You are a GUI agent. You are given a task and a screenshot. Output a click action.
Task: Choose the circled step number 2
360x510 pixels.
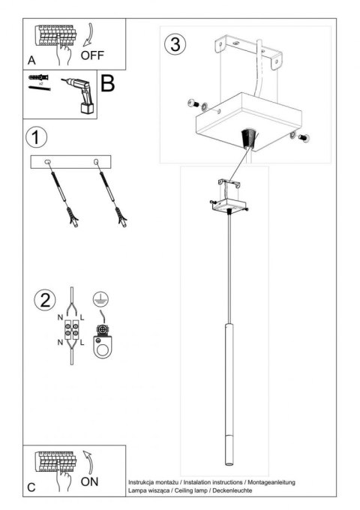44,300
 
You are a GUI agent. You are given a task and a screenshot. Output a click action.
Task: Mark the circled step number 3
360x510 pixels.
174,44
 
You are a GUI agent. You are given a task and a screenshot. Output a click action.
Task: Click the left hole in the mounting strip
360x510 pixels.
48,160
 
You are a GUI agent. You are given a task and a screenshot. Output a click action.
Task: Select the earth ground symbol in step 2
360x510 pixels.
99,298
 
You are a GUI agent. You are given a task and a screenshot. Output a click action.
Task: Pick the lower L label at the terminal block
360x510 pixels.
82,343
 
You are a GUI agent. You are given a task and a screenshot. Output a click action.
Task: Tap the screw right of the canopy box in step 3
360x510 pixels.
304,137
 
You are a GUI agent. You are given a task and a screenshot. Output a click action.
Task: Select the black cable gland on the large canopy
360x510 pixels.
247,138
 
